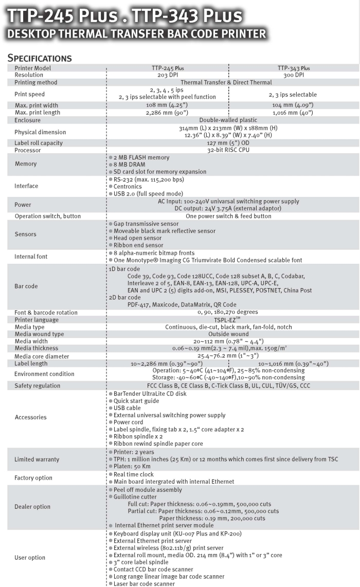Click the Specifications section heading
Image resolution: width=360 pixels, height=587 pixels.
point(40,58)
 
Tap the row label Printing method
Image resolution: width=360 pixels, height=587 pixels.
point(35,82)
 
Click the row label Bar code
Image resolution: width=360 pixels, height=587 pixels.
point(26,286)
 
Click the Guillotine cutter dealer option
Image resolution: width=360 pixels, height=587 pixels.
point(136,497)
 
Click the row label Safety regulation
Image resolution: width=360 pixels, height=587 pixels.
point(37,386)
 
